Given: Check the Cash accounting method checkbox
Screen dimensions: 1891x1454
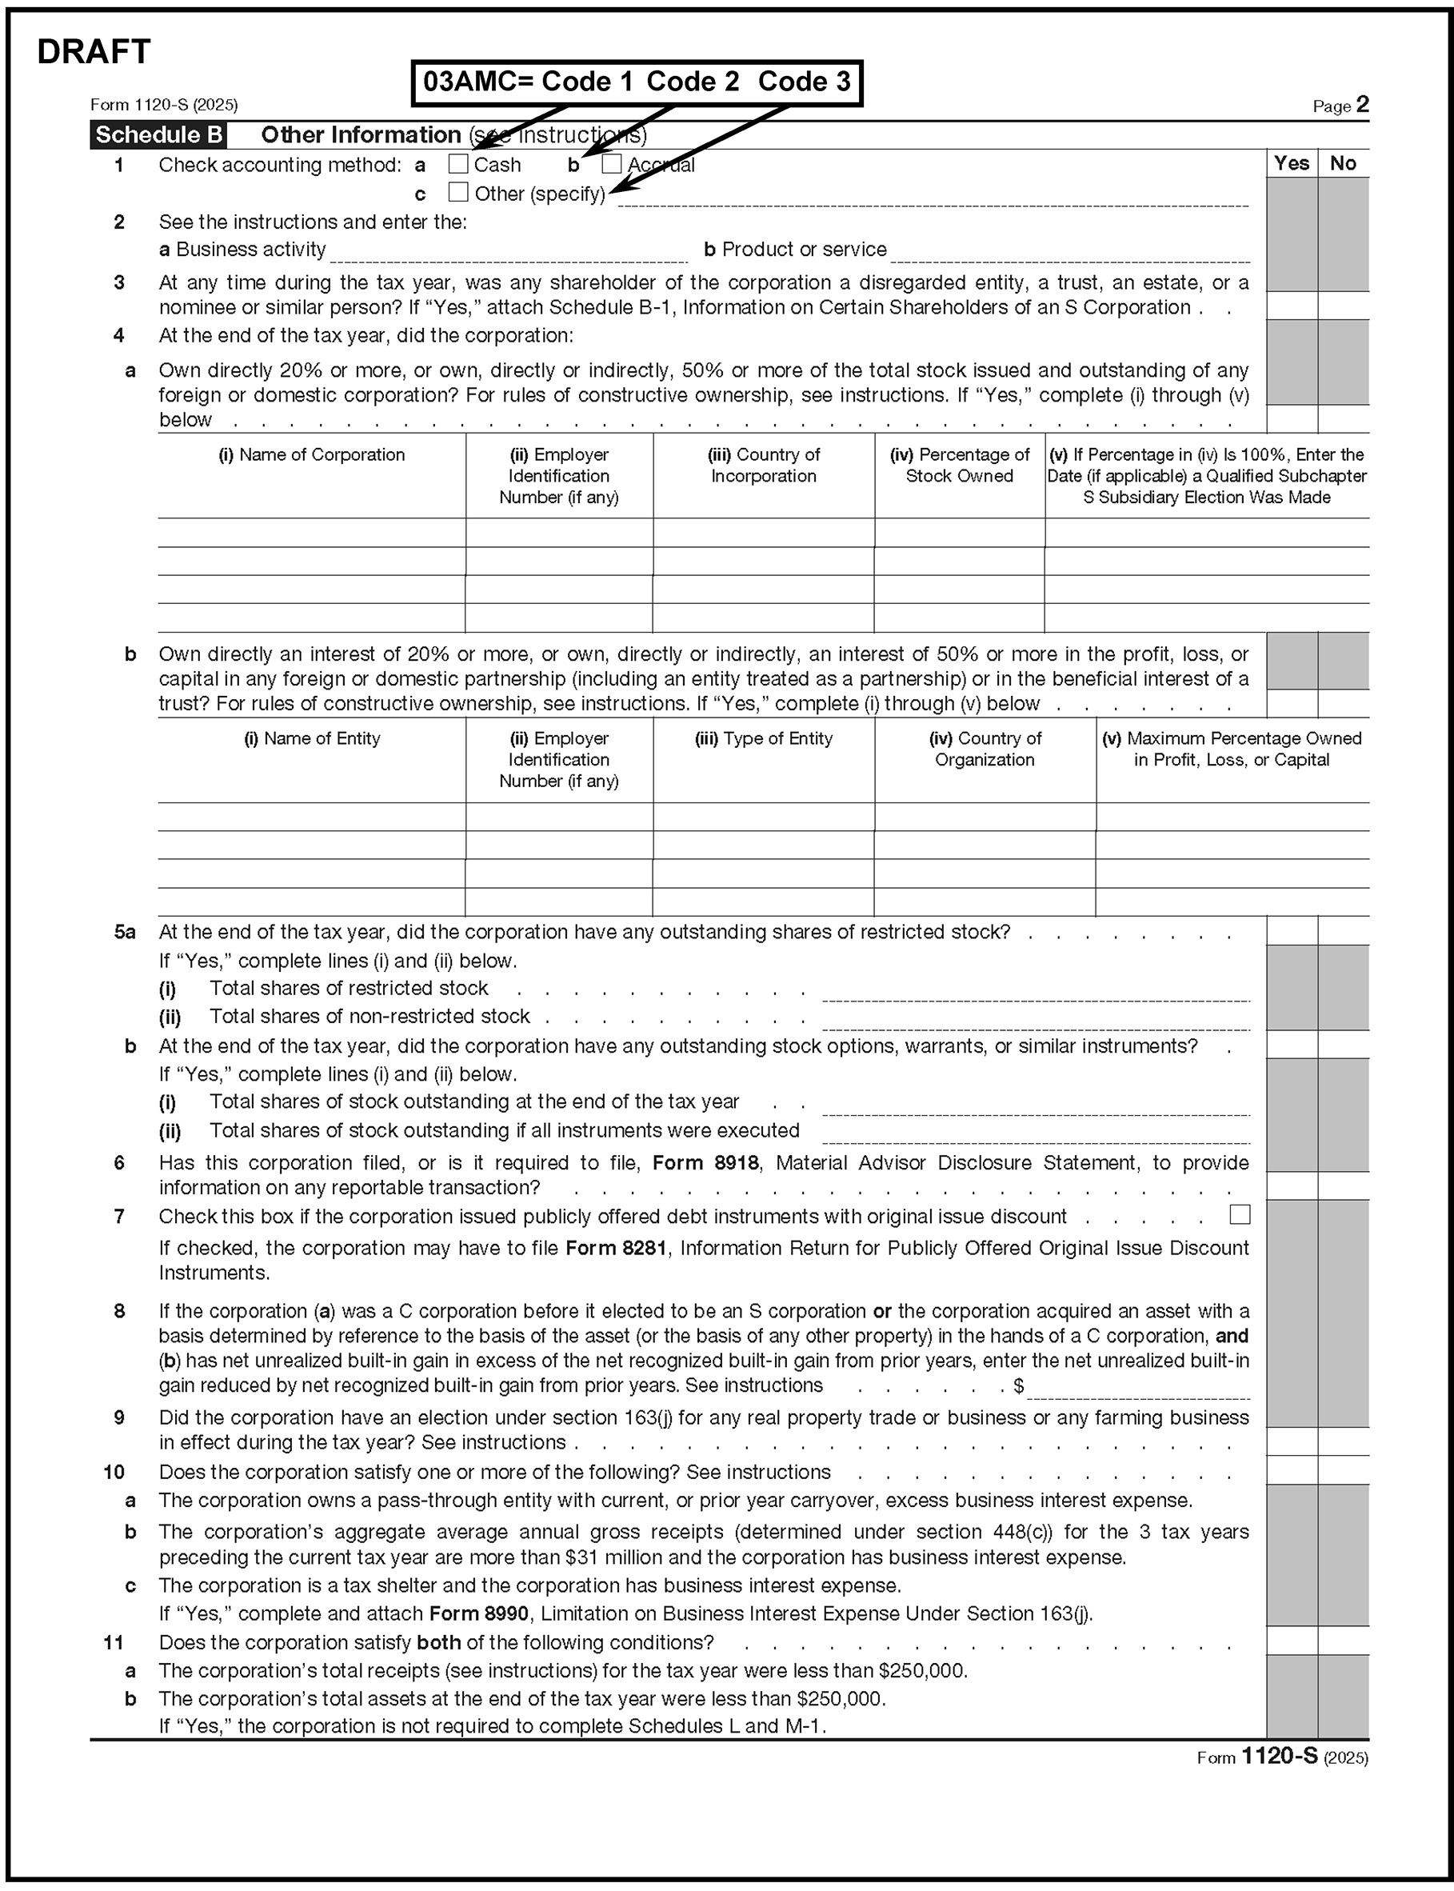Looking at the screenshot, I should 457,163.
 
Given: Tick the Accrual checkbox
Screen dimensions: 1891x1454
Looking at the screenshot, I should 611,163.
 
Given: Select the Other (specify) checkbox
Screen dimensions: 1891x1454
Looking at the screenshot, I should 457,192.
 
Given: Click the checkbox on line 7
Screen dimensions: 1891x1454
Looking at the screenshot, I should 1240,1215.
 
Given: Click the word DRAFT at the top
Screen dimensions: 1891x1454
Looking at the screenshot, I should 94,52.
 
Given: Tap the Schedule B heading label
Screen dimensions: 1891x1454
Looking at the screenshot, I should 158,135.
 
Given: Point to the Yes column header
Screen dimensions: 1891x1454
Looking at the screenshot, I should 1292,163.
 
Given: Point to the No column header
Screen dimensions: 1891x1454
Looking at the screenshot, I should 1342,163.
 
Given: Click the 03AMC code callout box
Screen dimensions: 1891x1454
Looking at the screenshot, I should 636,82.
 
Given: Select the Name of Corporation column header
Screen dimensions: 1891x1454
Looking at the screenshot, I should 312,455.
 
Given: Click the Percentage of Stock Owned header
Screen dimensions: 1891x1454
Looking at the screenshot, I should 959,466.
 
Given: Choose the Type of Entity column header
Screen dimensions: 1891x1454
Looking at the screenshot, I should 763,739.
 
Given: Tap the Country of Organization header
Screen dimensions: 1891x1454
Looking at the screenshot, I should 984,750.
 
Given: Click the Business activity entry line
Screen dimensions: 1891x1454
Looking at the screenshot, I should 508,253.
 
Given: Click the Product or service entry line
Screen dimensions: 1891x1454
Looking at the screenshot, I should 1070,253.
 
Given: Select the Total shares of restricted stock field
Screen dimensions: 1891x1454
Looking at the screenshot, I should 1035,992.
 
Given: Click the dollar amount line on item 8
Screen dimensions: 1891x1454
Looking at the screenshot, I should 1137,1388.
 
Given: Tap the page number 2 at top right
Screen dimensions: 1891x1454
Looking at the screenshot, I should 1362,105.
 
